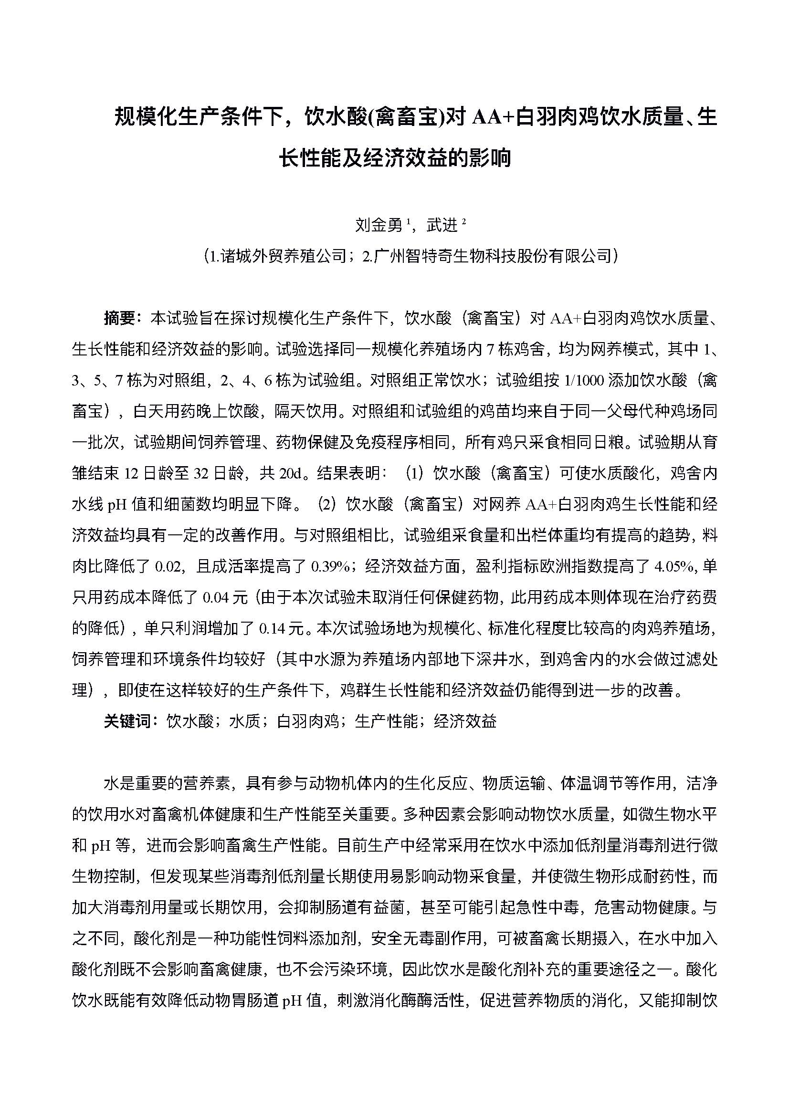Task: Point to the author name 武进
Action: (442, 225)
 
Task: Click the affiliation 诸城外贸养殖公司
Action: (282, 256)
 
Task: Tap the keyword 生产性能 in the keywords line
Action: (386, 721)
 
